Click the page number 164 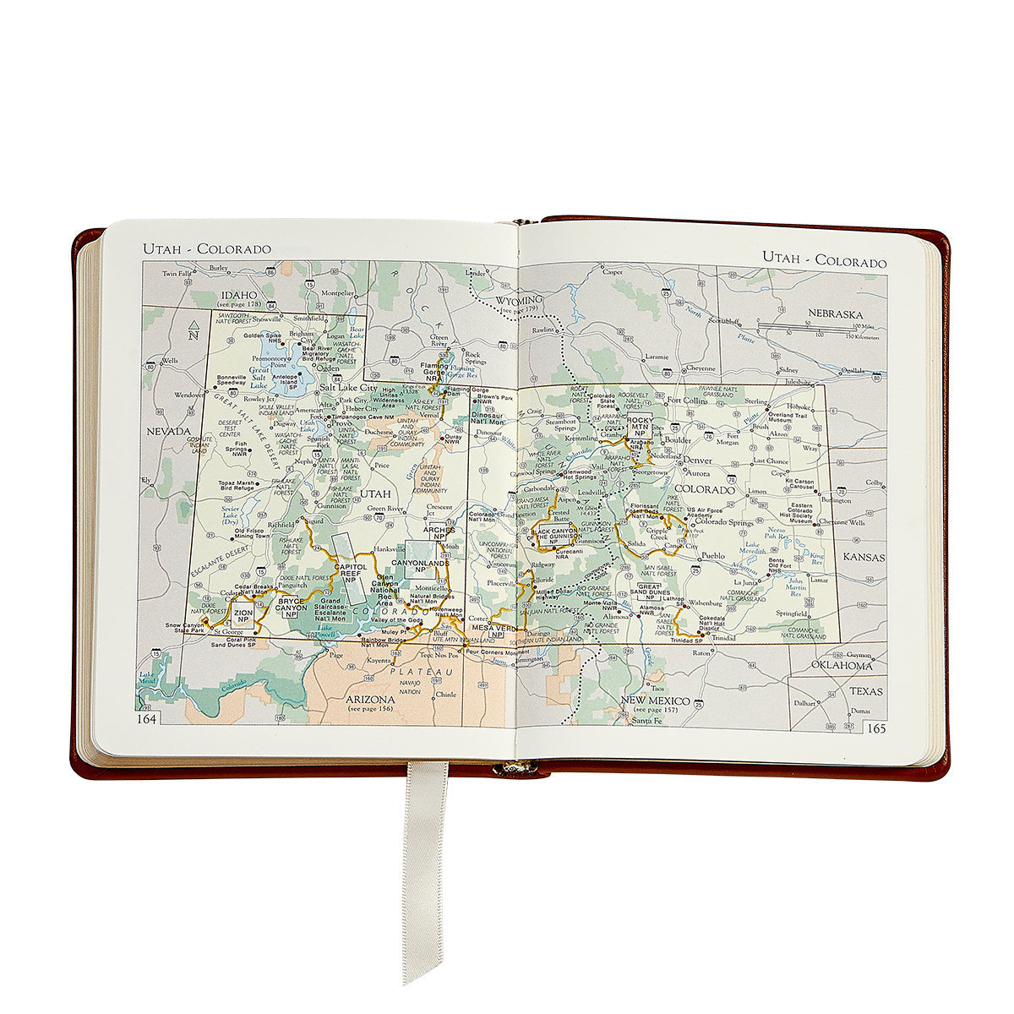(148, 718)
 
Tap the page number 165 (875, 728)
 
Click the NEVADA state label (169, 431)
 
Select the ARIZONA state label (371, 700)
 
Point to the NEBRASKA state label (835, 313)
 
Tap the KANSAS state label (863, 558)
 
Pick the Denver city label (697, 461)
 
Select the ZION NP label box (243, 615)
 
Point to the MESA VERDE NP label (493, 630)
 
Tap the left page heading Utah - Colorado (206, 248)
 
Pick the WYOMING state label (519, 301)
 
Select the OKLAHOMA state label (841, 666)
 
